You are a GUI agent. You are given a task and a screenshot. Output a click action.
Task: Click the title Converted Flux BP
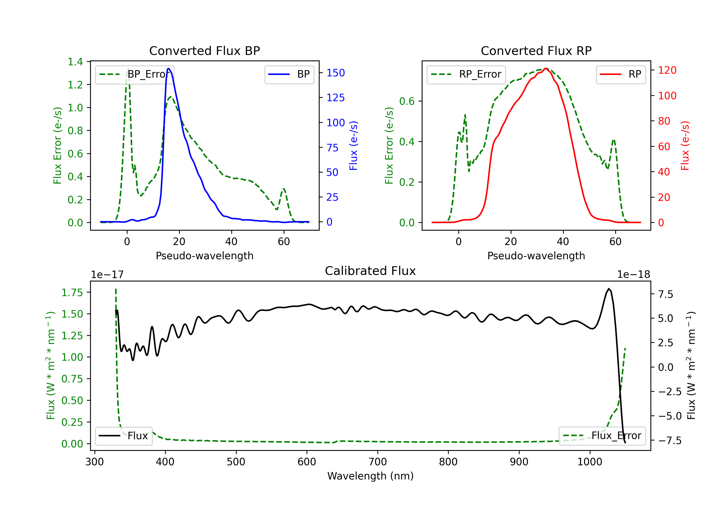click(x=204, y=51)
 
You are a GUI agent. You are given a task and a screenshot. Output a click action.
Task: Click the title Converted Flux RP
click(x=536, y=51)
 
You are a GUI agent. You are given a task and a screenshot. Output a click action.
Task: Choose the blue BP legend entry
click(x=289, y=74)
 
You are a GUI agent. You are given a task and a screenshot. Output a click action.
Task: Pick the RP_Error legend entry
click(x=466, y=74)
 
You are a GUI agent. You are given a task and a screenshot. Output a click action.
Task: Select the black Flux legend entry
click(x=123, y=436)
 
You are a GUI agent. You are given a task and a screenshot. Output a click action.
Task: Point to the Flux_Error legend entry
click(x=602, y=436)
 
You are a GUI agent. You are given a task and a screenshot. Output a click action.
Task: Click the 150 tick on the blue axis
click(x=335, y=73)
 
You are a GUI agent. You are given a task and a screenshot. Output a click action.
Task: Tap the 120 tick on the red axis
click(x=667, y=70)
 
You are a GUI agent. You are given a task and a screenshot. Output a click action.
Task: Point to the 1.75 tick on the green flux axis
click(x=72, y=293)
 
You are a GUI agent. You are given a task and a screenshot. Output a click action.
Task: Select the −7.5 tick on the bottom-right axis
click(x=669, y=440)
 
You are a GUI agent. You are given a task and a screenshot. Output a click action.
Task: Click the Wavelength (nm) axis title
click(x=370, y=476)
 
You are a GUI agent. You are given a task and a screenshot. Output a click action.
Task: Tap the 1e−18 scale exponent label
click(x=633, y=275)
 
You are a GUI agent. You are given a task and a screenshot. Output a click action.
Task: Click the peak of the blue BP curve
click(x=169, y=68)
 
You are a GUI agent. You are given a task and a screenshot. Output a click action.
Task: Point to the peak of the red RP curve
click(x=546, y=69)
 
